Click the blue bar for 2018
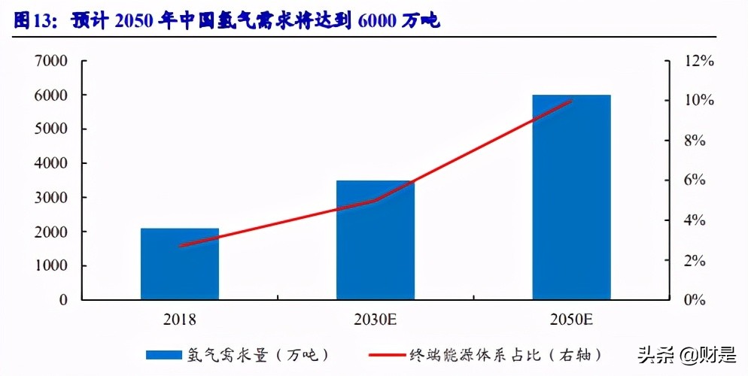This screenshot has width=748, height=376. (180, 264)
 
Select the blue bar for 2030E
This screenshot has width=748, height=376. (376, 240)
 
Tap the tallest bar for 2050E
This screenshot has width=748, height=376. (571, 197)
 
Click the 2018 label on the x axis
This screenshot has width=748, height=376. (180, 320)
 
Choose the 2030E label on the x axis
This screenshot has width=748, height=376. (376, 320)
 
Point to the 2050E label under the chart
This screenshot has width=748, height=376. (571, 320)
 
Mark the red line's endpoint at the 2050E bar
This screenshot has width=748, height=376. (571, 101)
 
